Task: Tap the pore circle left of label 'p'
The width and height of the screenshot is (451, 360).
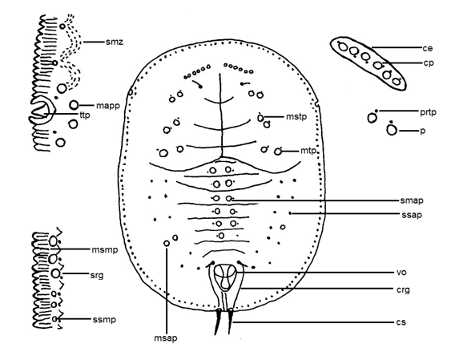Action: pyautogui.click(x=392, y=131)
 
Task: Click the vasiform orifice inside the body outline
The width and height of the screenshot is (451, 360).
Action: pyautogui.click(x=228, y=279)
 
